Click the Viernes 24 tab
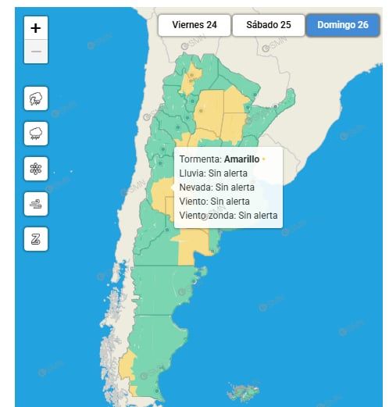pos(194,25)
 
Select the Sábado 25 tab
pos(268,25)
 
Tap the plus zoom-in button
pos(36,27)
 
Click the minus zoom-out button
pos(36,53)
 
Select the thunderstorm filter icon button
pos(36,98)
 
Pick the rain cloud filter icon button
pos(36,133)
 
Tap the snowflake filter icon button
pos(36,167)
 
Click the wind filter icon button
pos(36,202)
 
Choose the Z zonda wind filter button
pos(36,237)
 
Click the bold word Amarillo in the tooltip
pos(241,159)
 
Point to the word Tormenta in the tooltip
pos(199,159)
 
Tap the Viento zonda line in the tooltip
pos(207,215)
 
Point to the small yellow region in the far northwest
pos(190,78)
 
